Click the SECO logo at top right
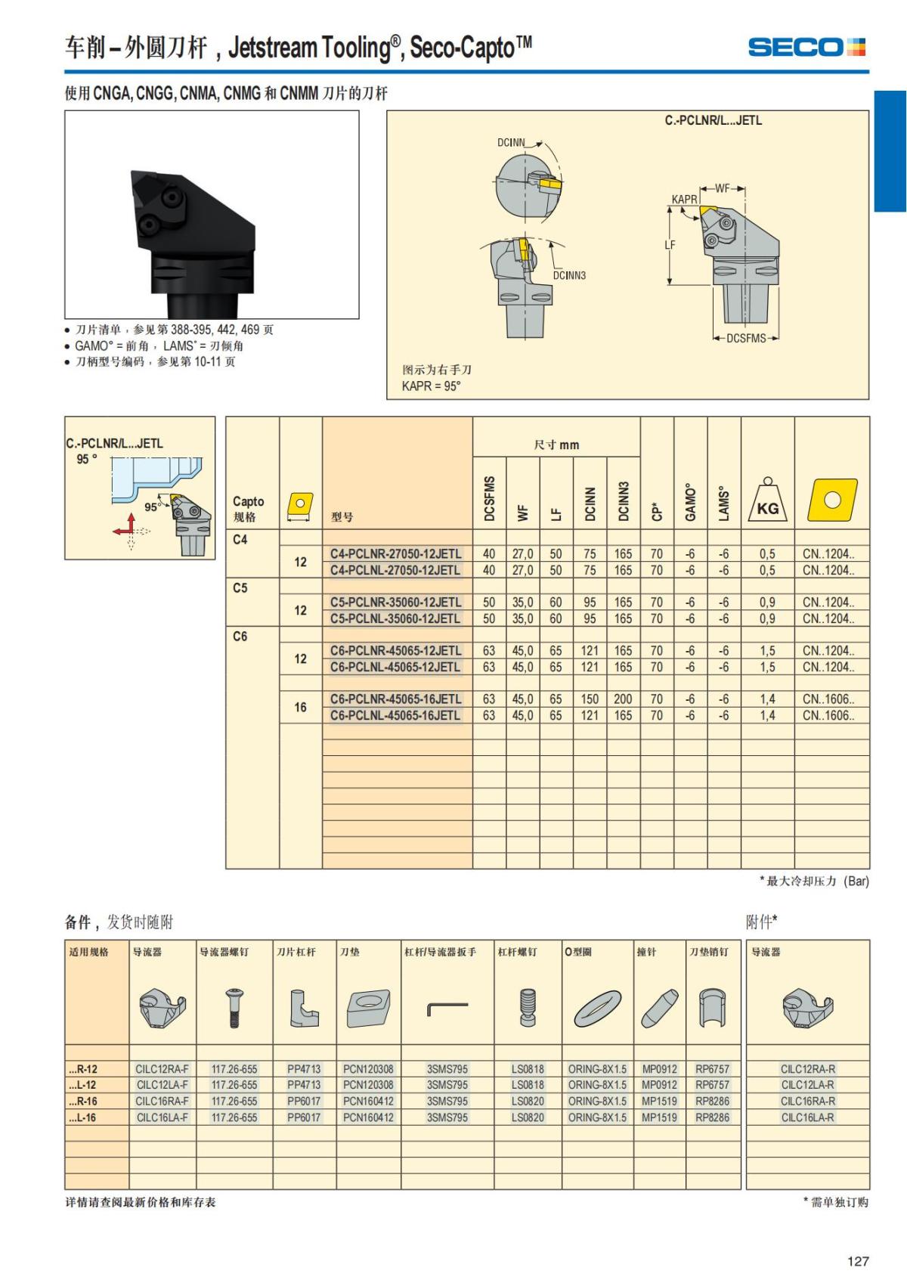[806, 47]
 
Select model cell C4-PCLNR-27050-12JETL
[395, 553]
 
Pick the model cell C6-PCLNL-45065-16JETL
[395, 715]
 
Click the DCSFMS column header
[489, 498]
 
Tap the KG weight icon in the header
[767, 502]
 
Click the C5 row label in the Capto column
[240, 587]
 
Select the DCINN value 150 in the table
[590, 699]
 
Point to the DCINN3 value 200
[623, 699]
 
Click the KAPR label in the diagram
[684, 200]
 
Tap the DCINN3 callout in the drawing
[569, 275]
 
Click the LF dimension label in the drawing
[670, 245]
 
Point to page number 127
[858, 1261]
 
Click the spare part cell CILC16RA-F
[162, 1101]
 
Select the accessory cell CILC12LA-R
[807, 1085]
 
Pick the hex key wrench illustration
[447, 1009]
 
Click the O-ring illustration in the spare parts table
[597, 1009]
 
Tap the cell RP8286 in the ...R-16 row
[712, 1101]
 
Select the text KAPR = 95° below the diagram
[432, 386]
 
